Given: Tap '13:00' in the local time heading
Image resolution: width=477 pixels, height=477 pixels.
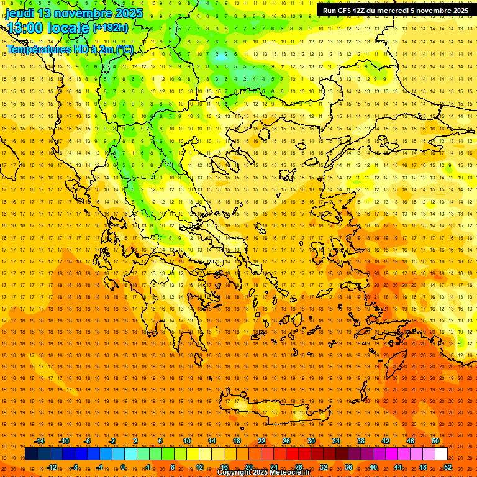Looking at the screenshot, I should click(25, 29).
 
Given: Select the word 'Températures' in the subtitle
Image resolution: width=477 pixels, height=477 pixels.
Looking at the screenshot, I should click(37, 49).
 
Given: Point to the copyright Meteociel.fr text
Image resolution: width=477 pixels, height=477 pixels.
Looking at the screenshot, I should click(263, 473).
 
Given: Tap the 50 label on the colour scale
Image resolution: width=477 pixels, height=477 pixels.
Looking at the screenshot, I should click(435, 441).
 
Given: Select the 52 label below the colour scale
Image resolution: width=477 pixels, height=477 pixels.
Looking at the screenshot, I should click(448, 467).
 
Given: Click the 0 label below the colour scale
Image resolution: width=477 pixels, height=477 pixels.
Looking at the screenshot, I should click(123, 467).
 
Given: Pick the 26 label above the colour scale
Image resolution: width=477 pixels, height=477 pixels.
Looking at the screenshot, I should click(286, 441).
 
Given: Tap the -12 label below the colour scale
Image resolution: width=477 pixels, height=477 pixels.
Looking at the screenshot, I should click(52, 467).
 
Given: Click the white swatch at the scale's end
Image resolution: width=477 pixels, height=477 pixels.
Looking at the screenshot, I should click(441, 454).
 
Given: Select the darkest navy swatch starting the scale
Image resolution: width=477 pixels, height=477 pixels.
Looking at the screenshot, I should click(31, 454).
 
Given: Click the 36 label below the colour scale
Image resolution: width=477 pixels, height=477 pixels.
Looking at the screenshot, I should click(348, 467).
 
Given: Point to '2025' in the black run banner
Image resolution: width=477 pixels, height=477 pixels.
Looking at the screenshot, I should click(459, 11).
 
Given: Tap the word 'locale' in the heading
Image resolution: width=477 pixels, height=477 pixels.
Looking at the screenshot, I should click(70, 29).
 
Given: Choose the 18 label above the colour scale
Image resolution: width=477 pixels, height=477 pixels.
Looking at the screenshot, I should click(237, 441).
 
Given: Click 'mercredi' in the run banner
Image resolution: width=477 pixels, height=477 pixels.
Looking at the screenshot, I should click(397, 11).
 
